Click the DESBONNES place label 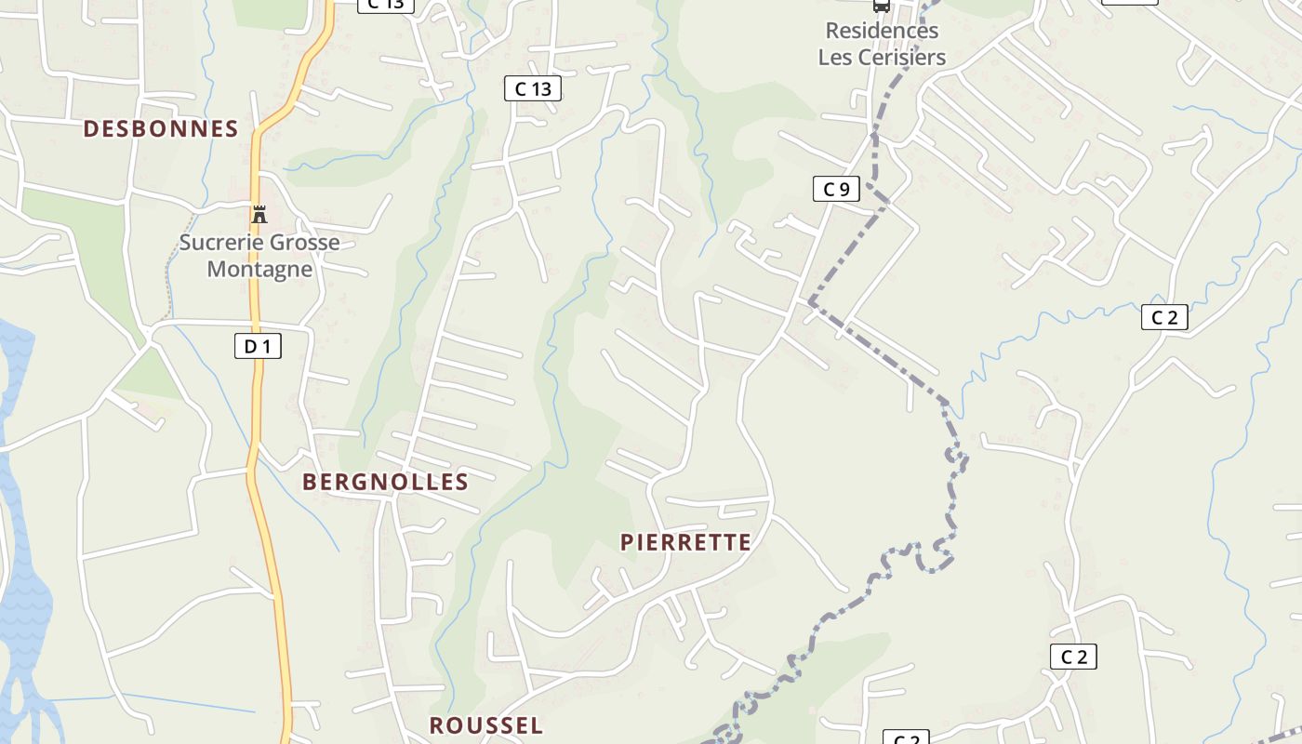(x=161, y=128)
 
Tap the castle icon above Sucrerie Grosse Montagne (x=259, y=215)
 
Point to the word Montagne (x=259, y=270)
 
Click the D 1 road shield (x=258, y=347)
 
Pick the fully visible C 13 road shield (x=533, y=89)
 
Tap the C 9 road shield (x=836, y=190)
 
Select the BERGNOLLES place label (x=385, y=482)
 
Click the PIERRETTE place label (x=685, y=542)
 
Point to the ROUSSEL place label (x=485, y=725)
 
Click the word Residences (x=882, y=31)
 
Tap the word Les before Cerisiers (x=835, y=57)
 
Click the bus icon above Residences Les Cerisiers (x=881, y=6)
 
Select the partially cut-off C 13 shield (x=385, y=5)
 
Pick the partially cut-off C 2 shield (x=906, y=738)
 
